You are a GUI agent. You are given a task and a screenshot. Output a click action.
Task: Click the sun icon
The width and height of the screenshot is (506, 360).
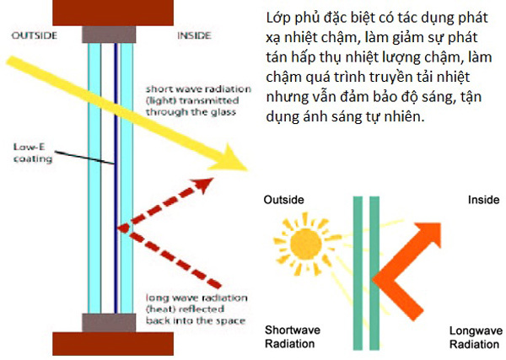click(303, 245)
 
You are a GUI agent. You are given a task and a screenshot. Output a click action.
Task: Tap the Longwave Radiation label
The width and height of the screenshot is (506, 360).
click(473, 338)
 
